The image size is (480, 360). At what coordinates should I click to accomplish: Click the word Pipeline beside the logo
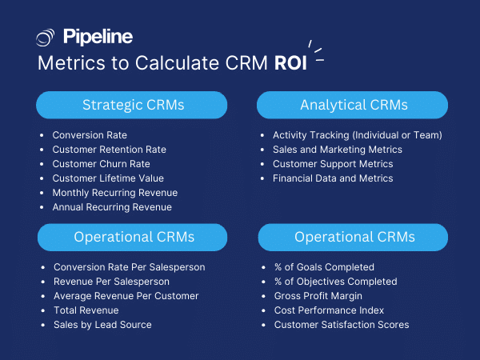coord(98,37)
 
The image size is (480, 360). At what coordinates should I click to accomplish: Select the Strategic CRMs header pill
coord(131,105)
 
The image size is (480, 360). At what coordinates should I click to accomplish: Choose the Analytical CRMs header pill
coord(353,105)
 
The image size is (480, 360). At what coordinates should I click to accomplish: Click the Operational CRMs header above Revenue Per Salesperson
coord(131,237)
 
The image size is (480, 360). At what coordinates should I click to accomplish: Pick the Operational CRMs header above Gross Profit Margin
coord(353,237)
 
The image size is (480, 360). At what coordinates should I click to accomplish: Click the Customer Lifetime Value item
coord(107,178)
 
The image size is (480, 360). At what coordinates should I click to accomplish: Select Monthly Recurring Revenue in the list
coord(114,193)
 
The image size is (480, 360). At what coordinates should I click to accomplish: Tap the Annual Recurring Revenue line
coord(112,207)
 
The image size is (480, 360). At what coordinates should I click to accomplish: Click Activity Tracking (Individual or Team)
coord(357,135)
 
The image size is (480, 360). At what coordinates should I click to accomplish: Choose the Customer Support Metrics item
coord(333,164)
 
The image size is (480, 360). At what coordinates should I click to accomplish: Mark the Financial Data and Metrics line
coord(333,178)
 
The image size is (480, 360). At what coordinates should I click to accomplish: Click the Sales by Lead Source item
coord(102,325)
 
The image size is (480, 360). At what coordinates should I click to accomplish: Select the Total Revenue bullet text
coord(86,310)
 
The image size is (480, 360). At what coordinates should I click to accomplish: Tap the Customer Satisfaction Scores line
coord(342,325)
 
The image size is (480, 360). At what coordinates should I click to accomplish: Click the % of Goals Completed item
coord(324,267)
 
